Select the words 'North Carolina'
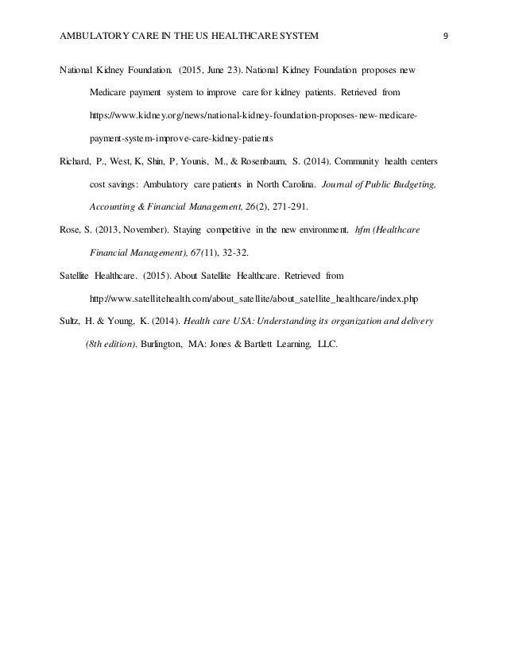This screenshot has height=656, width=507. click(x=303, y=183)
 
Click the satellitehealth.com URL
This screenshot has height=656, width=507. click(x=255, y=298)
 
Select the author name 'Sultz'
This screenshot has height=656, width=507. click(x=72, y=321)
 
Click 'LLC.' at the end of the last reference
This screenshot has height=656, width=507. click(x=327, y=344)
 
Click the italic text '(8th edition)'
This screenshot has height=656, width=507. click(x=110, y=344)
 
